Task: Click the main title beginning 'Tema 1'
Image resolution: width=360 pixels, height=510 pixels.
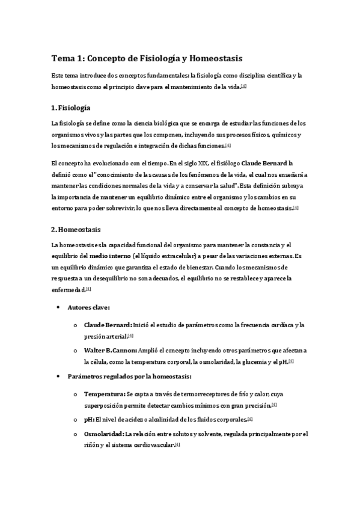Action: tap(149, 58)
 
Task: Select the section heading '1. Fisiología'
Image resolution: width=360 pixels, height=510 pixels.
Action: tap(71, 108)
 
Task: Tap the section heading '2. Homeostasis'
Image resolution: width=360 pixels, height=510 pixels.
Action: tap(76, 230)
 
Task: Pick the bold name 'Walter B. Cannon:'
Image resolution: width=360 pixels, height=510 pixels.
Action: tap(110, 350)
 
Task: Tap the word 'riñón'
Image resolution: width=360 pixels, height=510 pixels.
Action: tap(93, 445)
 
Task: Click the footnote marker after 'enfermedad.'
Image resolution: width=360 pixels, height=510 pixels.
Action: tap(88, 289)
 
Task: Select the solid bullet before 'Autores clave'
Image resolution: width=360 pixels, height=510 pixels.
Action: tap(58, 307)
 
